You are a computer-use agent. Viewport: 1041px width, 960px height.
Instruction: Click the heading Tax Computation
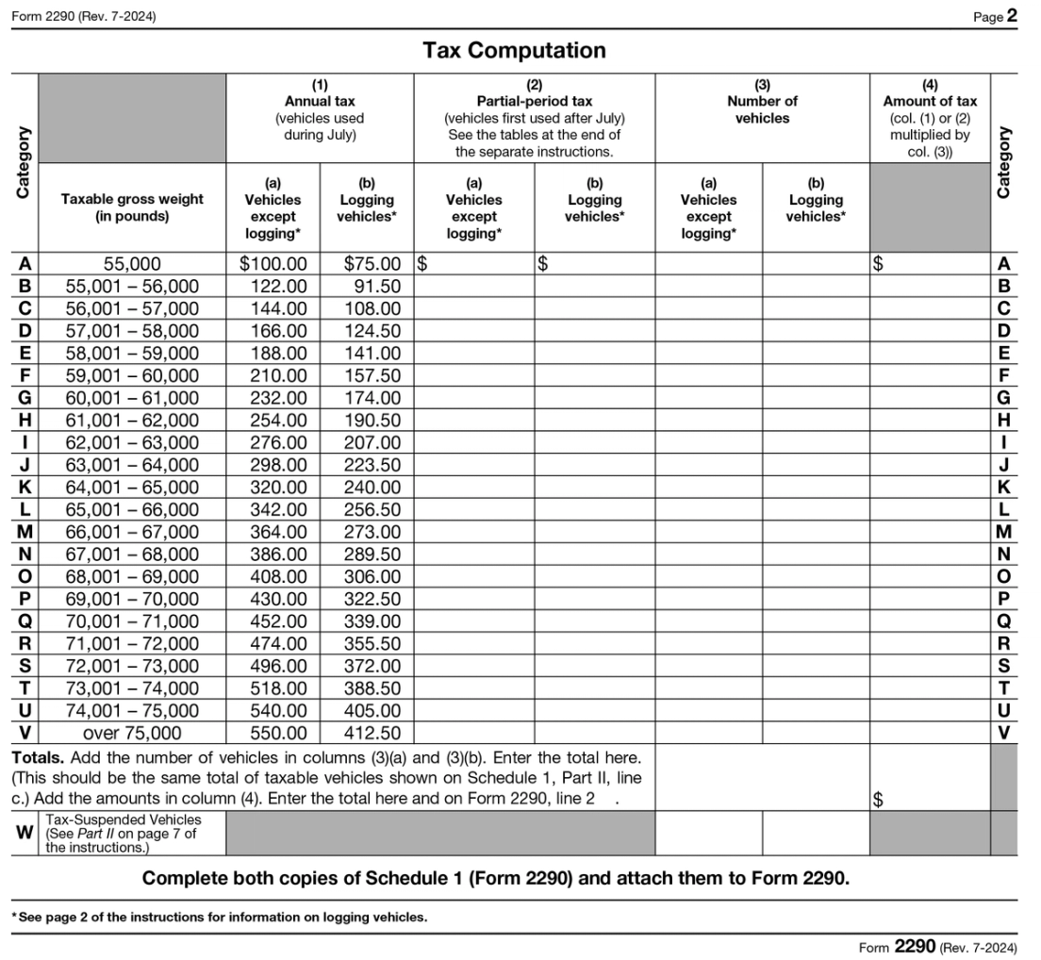click(514, 50)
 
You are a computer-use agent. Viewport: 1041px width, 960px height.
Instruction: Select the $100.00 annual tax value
click(273, 265)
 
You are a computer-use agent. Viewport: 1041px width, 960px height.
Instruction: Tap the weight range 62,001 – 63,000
click(132, 442)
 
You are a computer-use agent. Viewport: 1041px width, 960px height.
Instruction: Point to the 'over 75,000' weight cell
click(132, 733)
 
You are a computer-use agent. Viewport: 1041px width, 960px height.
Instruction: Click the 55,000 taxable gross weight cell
click(132, 265)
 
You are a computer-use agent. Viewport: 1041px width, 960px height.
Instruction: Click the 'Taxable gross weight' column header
click(132, 207)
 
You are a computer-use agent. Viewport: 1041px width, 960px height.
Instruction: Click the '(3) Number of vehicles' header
click(762, 101)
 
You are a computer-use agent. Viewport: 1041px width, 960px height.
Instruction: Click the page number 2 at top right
click(1012, 16)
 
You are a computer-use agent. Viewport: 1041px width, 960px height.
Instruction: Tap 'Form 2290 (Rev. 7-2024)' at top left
click(84, 16)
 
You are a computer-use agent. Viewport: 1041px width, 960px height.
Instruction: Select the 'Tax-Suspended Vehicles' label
click(123, 819)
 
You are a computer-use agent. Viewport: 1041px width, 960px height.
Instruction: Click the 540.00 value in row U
click(278, 710)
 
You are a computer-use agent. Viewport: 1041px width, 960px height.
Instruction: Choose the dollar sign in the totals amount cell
click(879, 801)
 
